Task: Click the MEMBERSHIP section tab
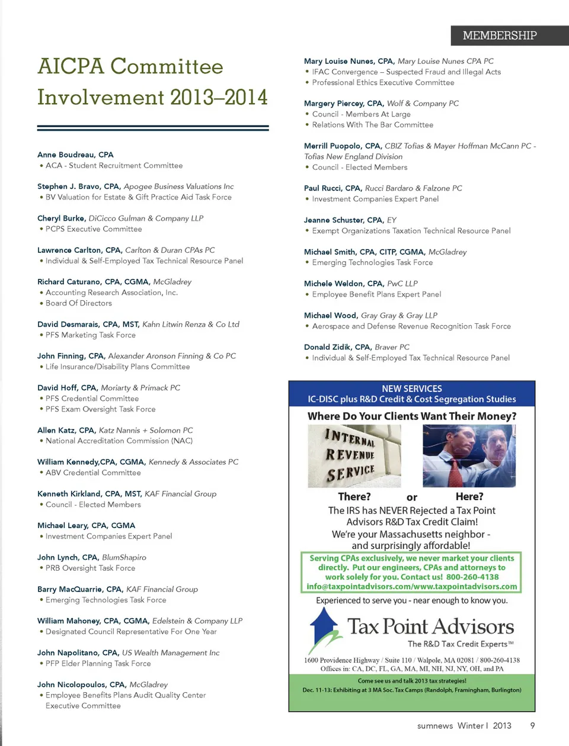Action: [x=500, y=36]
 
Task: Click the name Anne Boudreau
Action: [x=66, y=155]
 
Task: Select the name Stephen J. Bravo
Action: [x=69, y=186]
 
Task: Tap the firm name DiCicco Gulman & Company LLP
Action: [x=146, y=218]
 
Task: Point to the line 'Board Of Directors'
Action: [x=78, y=303]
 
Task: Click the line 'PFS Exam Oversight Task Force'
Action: [x=100, y=409]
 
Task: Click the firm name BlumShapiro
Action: [x=124, y=558]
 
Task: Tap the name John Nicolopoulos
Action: [x=72, y=684]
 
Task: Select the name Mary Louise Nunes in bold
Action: [x=340, y=61]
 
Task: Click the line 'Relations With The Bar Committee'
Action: [x=372, y=125]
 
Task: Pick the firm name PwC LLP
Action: [x=402, y=284]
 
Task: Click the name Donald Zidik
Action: [x=328, y=347]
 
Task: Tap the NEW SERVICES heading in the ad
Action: [x=412, y=388]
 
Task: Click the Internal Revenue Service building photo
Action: [x=354, y=456]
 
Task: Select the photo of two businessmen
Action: [x=469, y=456]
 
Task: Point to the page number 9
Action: [x=532, y=725]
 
